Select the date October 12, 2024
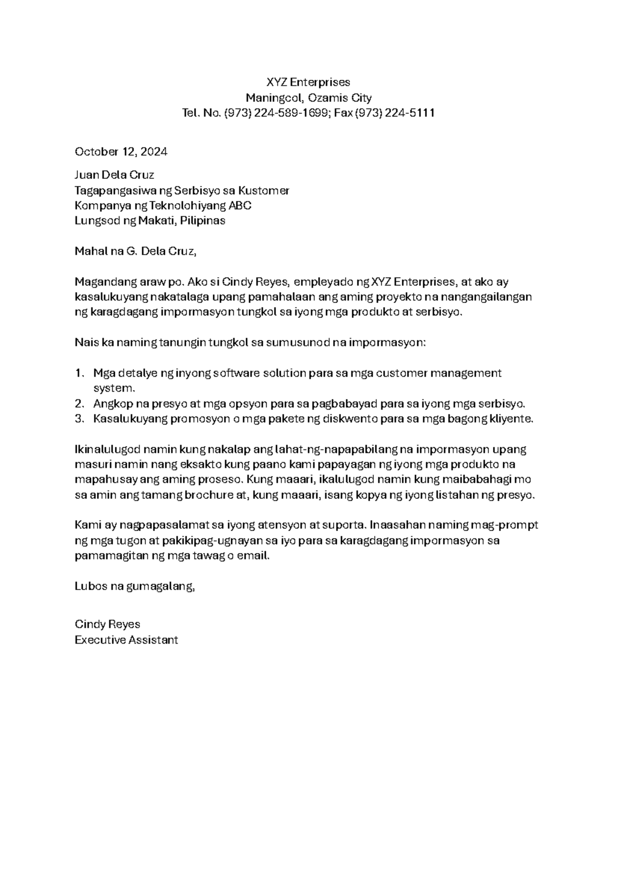pyautogui.click(x=121, y=152)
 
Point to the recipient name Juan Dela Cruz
pyautogui.click(x=114, y=175)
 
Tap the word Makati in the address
pyautogui.click(x=154, y=221)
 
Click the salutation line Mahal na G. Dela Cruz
pyautogui.click(x=135, y=251)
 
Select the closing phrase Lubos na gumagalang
pyautogui.click(x=135, y=586)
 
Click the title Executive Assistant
pyautogui.click(x=126, y=640)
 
